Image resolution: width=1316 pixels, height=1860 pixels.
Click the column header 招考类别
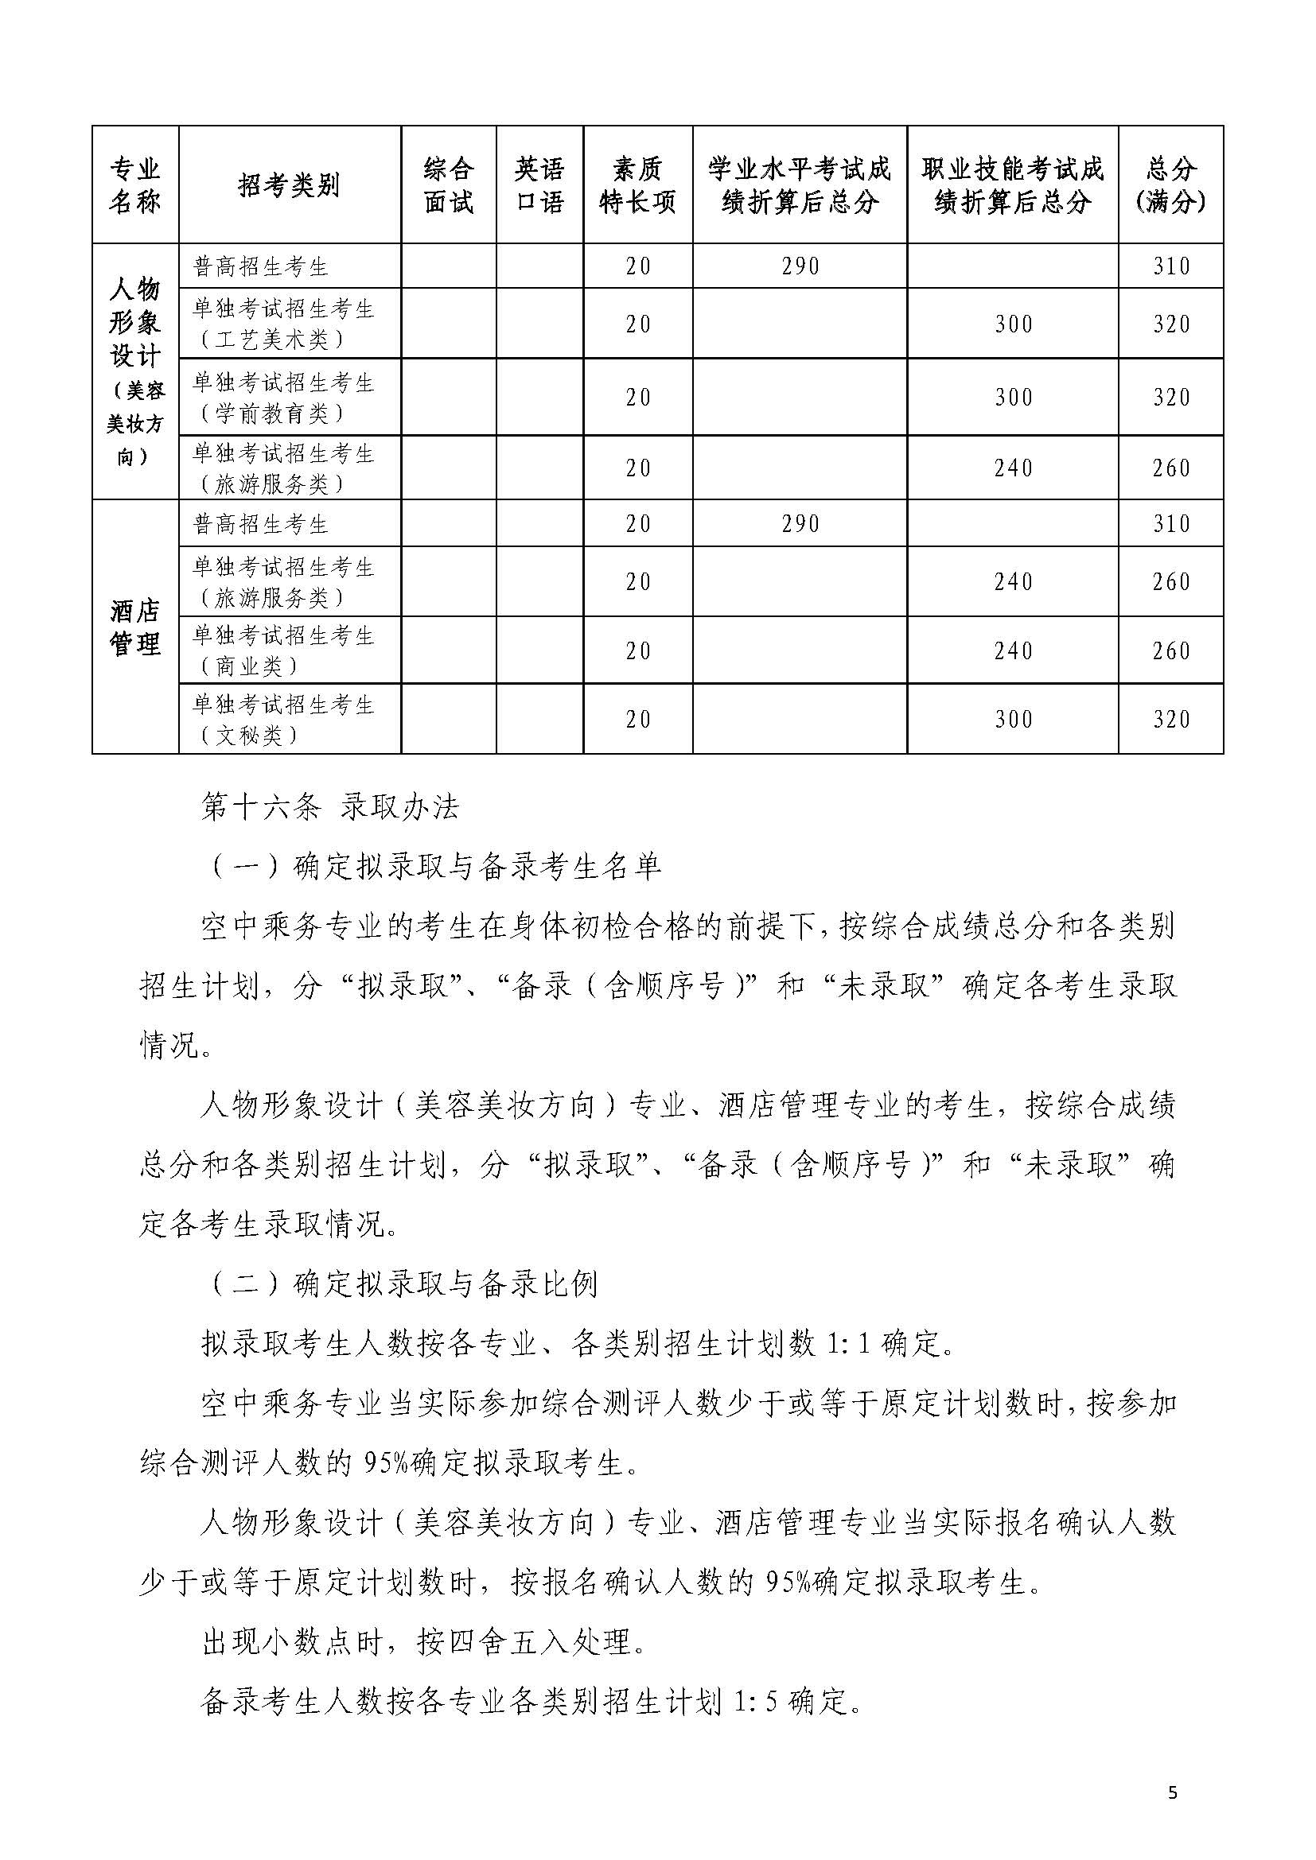click(x=290, y=184)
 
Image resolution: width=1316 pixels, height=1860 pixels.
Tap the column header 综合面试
click(x=448, y=184)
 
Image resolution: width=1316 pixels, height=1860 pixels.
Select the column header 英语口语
click(x=539, y=184)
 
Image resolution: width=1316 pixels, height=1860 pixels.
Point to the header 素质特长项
click(x=638, y=184)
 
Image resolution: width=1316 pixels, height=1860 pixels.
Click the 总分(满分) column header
click(x=1171, y=184)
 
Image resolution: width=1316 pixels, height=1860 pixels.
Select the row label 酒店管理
click(x=135, y=626)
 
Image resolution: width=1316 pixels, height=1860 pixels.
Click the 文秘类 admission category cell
click(x=283, y=720)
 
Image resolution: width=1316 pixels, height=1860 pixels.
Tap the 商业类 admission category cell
click(x=283, y=650)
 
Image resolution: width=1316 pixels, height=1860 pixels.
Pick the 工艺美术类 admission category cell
click(x=283, y=323)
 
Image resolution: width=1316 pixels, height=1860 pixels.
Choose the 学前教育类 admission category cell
click(x=283, y=397)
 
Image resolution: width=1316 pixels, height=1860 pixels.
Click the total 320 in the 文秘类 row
click(x=1172, y=720)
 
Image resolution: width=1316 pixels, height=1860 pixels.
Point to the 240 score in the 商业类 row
click(x=1013, y=651)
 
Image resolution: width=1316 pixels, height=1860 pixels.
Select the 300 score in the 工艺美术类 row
click(x=1013, y=324)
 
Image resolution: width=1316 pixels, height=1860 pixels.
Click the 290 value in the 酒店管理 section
click(x=800, y=524)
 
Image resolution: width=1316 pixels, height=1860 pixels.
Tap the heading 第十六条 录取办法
click(x=330, y=808)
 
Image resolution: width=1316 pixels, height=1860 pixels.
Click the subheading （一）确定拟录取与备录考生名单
click(x=436, y=867)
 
